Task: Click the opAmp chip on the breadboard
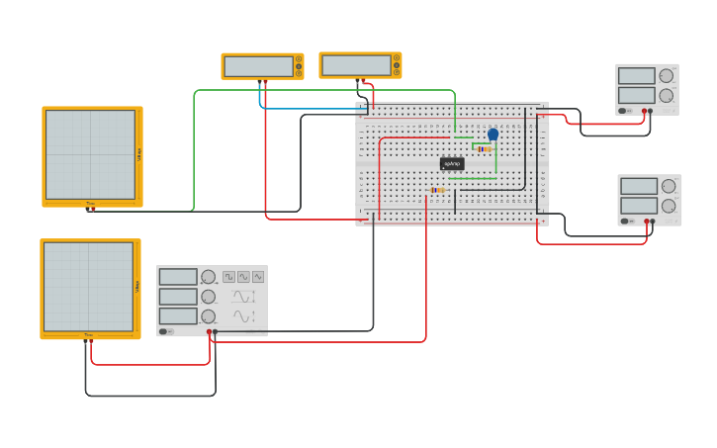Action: tap(452, 163)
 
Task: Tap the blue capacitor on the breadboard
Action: tap(493, 134)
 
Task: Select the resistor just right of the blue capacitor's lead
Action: tap(484, 149)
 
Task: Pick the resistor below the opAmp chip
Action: tap(437, 190)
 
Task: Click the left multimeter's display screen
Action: tap(258, 66)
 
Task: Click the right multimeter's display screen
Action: tap(356, 65)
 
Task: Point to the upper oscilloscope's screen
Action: tap(89, 154)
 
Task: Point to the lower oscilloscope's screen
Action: tap(87, 287)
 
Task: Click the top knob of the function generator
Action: tap(208, 277)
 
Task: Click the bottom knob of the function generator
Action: tap(208, 316)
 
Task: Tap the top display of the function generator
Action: tap(178, 277)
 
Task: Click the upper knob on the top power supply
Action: tap(666, 76)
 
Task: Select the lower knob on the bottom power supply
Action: tap(669, 206)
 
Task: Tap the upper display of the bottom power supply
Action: tap(638, 186)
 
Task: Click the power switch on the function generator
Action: tap(166, 331)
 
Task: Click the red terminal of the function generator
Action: tap(209, 331)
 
